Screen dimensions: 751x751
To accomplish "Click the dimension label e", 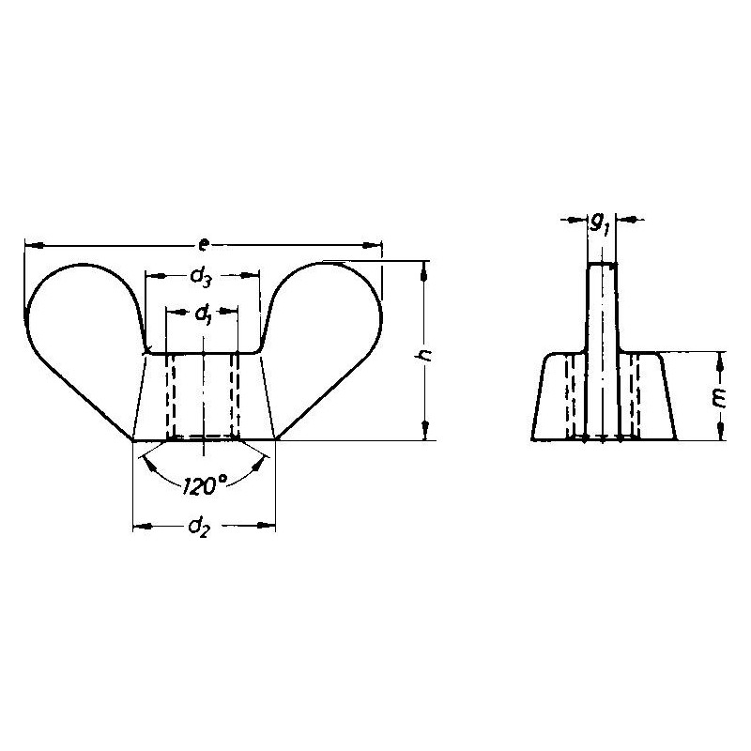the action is pyautogui.click(x=204, y=246).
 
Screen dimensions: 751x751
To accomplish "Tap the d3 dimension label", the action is pyautogui.click(x=200, y=277).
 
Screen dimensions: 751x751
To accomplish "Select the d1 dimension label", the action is pyautogui.click(x=204, y=314).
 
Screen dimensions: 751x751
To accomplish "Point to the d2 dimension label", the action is pyautogui.click(x=199, y=528).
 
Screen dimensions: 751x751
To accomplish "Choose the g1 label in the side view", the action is pyautogui.click(x=599, y=223).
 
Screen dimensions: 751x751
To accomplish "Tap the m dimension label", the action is pyautogui.click(x=719, y=398).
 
